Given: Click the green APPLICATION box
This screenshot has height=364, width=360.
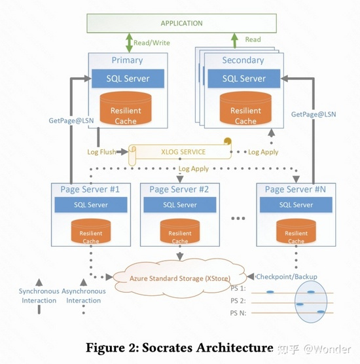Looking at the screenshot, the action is coord(181,23).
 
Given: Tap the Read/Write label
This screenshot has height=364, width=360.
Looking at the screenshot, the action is coord(152,43).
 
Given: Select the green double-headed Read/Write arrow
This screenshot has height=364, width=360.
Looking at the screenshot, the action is coord(129,43).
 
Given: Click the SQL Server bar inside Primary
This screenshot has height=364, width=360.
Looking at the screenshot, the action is coord(128,79).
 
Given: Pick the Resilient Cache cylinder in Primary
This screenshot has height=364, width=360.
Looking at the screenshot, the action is coord(126,109).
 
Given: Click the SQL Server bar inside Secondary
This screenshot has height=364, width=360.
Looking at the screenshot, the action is coord(244,79).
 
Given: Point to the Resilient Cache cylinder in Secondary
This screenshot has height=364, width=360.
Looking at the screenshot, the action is coord(245,109).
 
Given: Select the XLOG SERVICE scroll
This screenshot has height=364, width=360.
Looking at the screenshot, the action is coord(180,151).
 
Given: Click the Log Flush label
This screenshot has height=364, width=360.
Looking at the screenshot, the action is coord(101,152).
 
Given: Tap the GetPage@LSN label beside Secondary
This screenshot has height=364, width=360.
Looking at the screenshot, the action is coord(314,114).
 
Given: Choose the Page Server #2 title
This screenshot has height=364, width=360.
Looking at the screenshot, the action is coord(179,189).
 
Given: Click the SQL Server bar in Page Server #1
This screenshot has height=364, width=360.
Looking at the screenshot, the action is coord(91,205).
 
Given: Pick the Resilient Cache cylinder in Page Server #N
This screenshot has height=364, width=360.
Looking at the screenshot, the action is coord(296,231).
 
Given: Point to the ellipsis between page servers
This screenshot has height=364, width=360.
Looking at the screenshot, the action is coord(238,218).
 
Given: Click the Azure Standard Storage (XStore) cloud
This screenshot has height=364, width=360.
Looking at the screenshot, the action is coord(180,278).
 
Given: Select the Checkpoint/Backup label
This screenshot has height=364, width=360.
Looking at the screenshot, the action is coord(287,277).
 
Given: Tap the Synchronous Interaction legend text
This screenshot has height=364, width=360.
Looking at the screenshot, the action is coord(39,296).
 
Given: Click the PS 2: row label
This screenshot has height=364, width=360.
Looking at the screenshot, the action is coord(238,301).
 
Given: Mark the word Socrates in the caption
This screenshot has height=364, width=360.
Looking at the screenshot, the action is coord(168,348).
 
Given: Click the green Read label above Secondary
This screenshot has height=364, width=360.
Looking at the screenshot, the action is coord(253,39).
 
